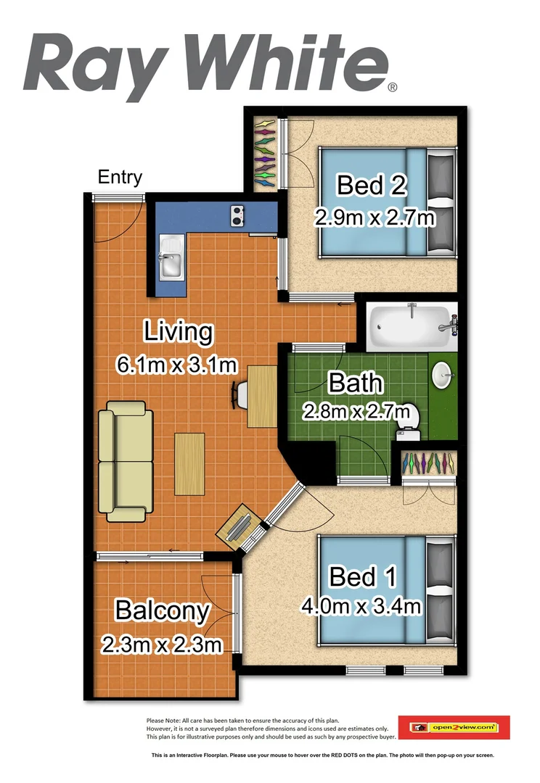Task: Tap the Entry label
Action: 120,178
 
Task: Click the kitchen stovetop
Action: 237,214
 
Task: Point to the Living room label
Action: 178,332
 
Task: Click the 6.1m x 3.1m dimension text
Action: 178,364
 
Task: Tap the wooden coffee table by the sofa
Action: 189,464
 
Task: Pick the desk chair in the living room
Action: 240,394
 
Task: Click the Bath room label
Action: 354,382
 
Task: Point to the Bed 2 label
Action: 370,186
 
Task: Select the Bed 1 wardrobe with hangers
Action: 428,463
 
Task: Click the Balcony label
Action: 163,611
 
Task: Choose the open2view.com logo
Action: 454,726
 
